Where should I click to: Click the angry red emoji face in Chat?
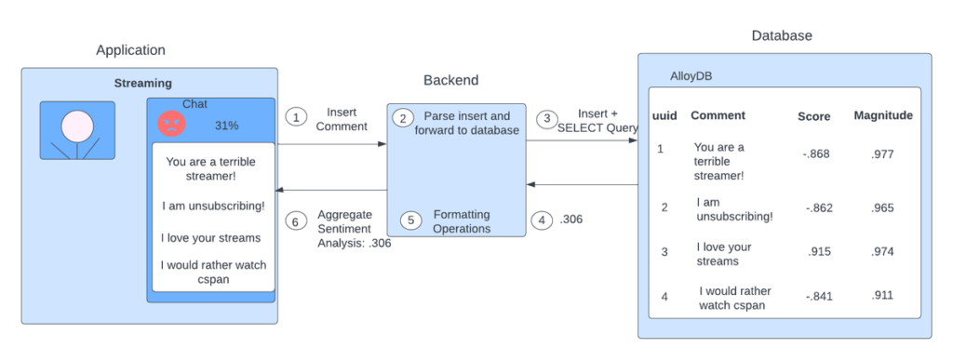coord(172,123)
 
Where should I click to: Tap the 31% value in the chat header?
coord(226,125)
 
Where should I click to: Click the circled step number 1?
coord(296,117)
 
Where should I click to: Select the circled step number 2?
coord(404,118)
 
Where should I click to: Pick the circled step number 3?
coord(548,119)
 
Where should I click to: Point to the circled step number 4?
coord(542,220)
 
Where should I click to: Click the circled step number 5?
coord(410,220)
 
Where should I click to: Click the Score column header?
coord(813,116)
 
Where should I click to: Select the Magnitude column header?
coord(882,115)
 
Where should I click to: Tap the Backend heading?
coord(451,80)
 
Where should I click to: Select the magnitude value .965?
coord(882,208)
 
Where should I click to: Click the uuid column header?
coord(663,115)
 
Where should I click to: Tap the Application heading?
coord(130,50)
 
